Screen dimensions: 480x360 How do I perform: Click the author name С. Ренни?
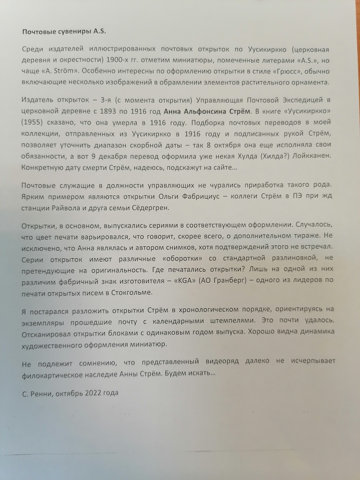pos(37,393)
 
